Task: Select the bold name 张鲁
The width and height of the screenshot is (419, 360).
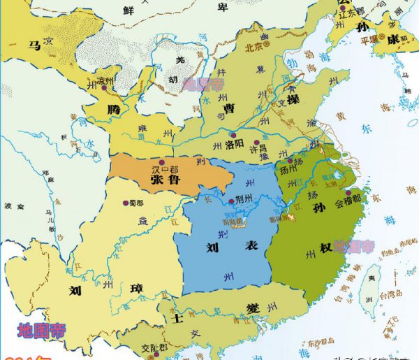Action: [166, 180]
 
